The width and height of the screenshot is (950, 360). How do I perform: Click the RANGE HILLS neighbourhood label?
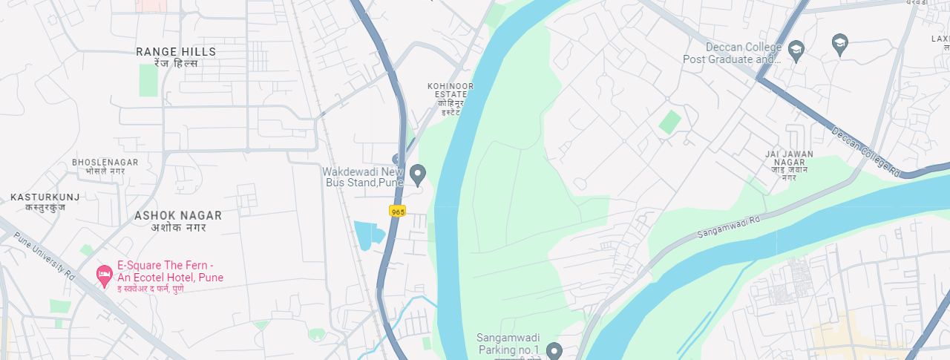coord(176,52)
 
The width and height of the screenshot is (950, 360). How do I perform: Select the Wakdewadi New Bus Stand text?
coord(364,177)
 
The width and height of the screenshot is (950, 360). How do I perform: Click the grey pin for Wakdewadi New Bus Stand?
coord(418,175)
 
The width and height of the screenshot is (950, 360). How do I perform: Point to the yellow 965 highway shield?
coord(398,212)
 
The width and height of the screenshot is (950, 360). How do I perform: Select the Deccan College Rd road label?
coord(865,151)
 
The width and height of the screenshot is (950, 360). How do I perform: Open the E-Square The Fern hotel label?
coord(170,272)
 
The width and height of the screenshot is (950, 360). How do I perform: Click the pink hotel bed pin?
coord(105,275)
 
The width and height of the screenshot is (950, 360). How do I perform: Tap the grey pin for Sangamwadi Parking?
coord(553,350)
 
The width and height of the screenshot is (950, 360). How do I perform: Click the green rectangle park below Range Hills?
coord(148,80)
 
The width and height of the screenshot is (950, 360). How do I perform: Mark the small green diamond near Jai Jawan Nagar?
coord(669,122)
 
